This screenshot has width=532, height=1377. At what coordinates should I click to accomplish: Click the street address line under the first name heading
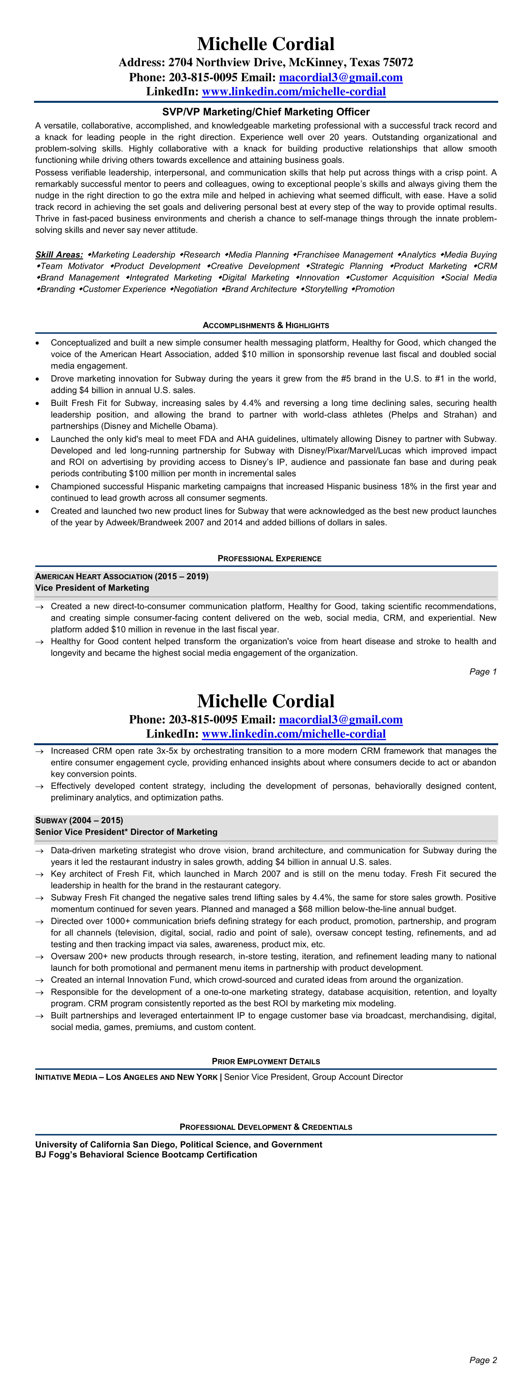tap(266, 63)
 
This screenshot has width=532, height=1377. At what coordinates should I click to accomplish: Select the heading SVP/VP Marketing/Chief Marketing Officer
tap(266, 112)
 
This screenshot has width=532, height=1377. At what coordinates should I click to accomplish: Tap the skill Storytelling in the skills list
tap(326, 289)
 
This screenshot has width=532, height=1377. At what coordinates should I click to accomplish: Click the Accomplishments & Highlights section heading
tap(266, 325)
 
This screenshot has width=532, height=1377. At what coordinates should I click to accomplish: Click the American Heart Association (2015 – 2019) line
tap(122, 576)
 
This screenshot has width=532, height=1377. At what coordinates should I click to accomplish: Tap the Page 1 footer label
tap(483, 672)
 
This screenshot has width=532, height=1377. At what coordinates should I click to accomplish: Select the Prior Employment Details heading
tap(266, 1062)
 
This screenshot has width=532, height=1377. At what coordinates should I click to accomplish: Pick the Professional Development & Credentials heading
tap(266, 1127)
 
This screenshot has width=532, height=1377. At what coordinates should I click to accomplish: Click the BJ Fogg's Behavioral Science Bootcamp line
tap(146, 1154)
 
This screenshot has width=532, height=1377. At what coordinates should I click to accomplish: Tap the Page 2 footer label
tap(483, 1360)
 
